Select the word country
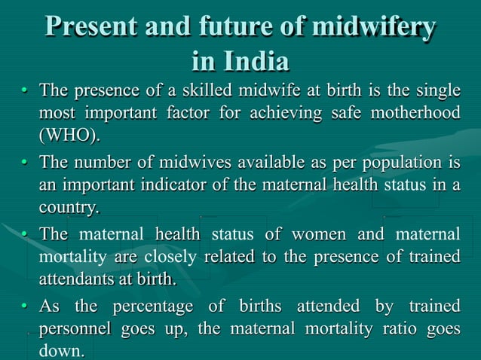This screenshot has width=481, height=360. (x=69, y=207)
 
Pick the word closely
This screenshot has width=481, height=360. (x=170, y=257)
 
